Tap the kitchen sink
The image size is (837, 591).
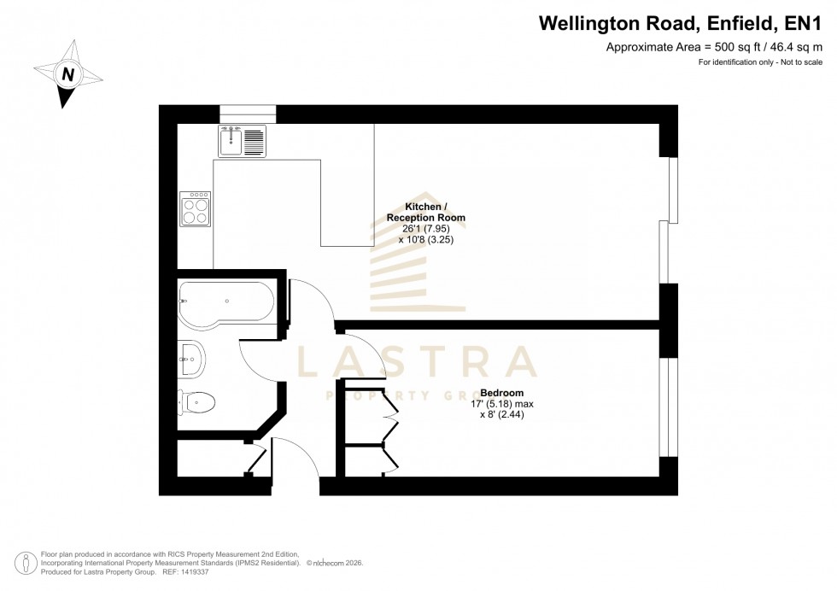pyautogui.click(x=243, y=141)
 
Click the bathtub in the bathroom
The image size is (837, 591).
pyautogui.click(x=226, y=301)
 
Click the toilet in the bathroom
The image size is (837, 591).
pyautogui.click(x=196, y=401)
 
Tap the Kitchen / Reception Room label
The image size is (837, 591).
pyautogui.click(x=435, y=213)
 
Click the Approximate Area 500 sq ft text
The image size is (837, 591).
pyautogui.click(x=714, y=48)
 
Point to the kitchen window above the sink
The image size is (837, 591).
pyautogui.click(x=248, y=114)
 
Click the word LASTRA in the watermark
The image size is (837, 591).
pyautogui.click(x=416, y=363)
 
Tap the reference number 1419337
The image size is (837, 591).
pyautogui.click(x=191, y=571)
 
